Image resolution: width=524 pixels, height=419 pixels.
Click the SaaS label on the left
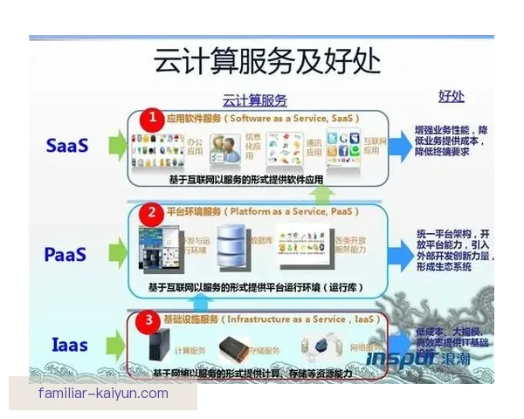tap(67, 146)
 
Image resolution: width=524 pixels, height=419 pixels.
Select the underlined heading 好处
tap(451, 96)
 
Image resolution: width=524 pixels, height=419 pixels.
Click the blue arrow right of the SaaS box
tap(398, 147)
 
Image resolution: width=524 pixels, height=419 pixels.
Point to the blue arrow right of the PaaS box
tap(398, 251)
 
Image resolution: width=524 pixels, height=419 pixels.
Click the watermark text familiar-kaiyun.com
tap(103, 394)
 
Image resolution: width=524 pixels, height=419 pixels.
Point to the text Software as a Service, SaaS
tap(294, 117)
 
